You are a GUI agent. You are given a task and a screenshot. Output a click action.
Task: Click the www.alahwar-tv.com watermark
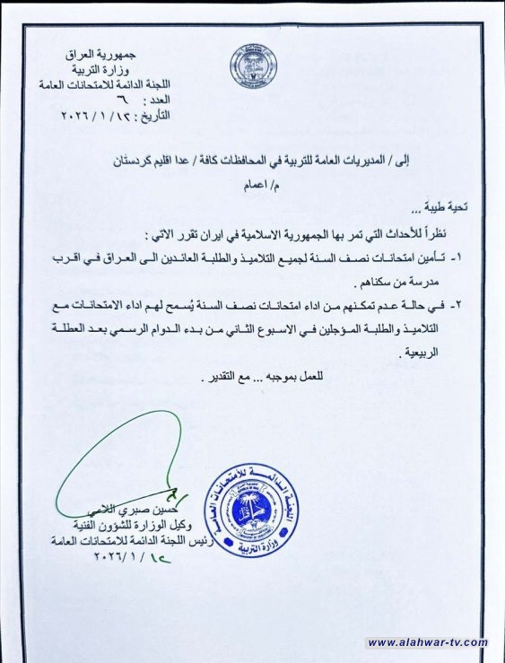coord(427,641)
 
